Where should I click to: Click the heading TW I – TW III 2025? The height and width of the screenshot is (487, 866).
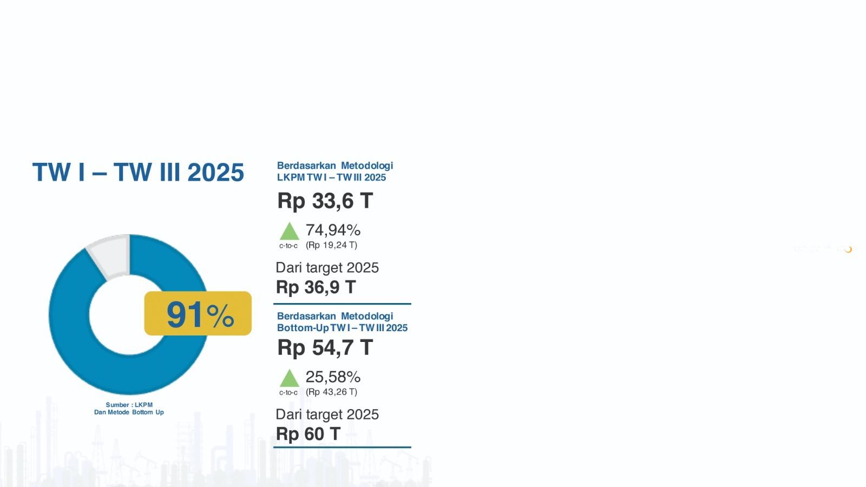point(138,172)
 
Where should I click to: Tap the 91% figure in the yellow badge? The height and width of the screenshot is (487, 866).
point(200,315)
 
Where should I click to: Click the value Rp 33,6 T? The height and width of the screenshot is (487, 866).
point(325,201)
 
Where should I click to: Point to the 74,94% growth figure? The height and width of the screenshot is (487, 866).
point(333,230)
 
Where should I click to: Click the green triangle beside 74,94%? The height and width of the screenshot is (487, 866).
point(289,232)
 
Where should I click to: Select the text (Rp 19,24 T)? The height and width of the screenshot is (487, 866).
point(331,245)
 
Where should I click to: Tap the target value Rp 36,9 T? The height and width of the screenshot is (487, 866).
point(316,287)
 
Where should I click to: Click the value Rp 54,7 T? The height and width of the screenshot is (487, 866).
point(325,347)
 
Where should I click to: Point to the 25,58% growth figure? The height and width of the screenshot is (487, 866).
point(333,377)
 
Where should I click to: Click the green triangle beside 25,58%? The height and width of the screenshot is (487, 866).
point(289,378)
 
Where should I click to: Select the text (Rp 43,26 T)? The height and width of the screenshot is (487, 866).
point(331,392)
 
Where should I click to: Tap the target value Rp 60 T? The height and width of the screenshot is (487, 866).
point(308,434)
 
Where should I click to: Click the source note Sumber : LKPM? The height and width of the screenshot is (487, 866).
point(129,405)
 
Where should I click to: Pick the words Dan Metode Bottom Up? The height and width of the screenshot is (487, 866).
point(129,412)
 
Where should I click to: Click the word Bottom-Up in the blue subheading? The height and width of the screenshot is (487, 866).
point(303,328)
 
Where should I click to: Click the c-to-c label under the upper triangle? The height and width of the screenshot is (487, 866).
point(288,246)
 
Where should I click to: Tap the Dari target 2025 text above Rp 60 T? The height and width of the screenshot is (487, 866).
point(327,414)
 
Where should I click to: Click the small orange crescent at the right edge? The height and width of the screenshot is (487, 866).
point(848,249)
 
